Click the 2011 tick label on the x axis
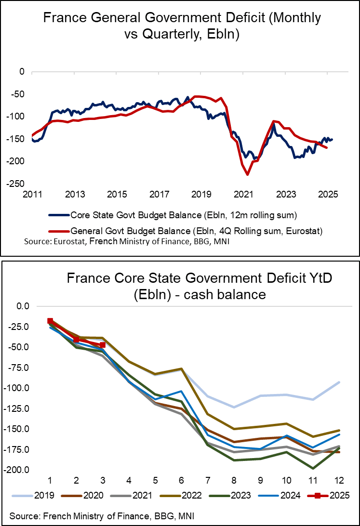coord(31,195)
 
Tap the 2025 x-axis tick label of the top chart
coord(327,195)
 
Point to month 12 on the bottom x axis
coord(339,481)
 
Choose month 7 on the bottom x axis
coord(208,481)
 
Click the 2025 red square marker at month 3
coord(103,345)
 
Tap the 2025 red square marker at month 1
coord(50,321)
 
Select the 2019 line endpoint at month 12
coord(339,382)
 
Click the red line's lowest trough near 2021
coord(247,174)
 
